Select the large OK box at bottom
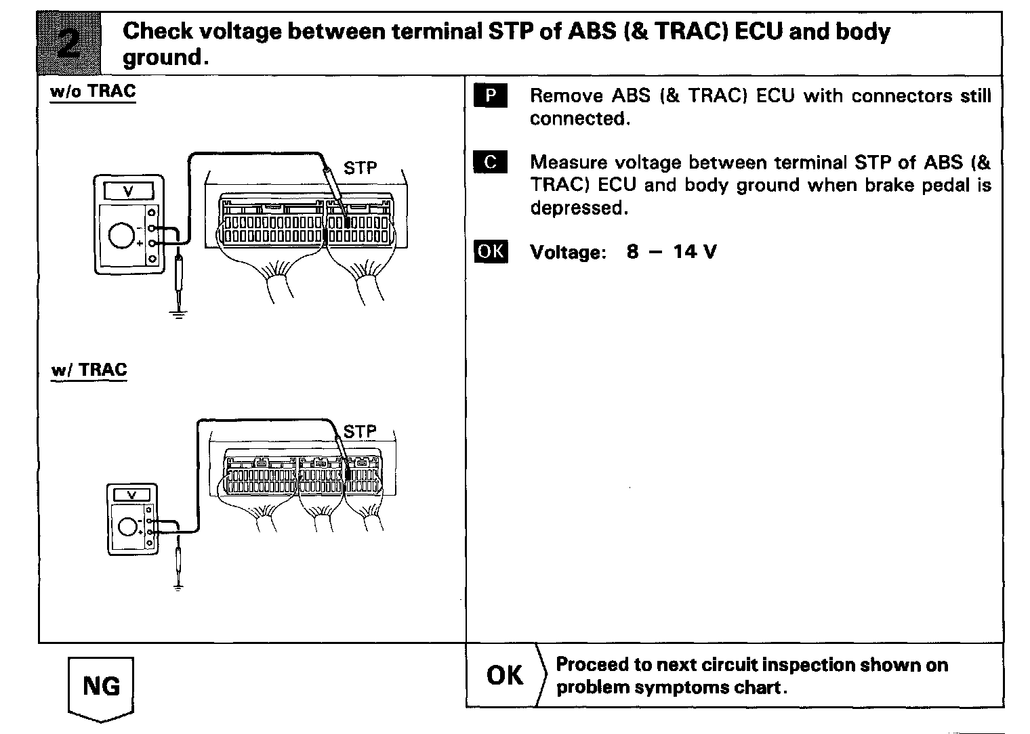coord(505,675)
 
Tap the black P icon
coord(491,96)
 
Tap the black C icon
coord(491,163)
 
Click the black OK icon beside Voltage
coord(491,252)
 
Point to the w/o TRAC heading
coord(93,91)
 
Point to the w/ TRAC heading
coord(89,370)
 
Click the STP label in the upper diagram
coord(360,168)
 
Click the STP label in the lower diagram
coord(360,431)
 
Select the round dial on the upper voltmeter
coord(122,235)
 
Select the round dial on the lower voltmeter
coord(126,525)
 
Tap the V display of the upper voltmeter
coord(128,192)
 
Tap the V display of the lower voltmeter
coord(132,496)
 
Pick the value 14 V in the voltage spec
coord(695,252)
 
